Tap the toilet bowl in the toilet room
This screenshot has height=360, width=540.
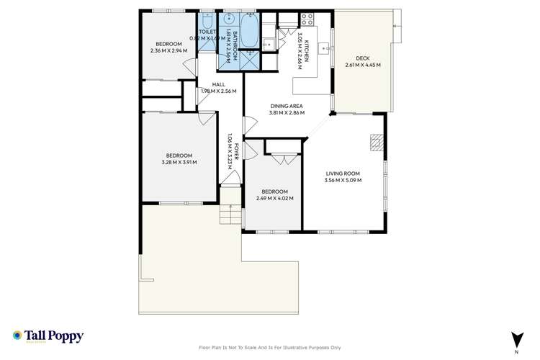207,20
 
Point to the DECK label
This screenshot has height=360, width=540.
362,58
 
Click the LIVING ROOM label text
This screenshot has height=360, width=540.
343,174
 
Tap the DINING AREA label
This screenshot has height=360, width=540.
287,106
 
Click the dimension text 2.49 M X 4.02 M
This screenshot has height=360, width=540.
274,198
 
